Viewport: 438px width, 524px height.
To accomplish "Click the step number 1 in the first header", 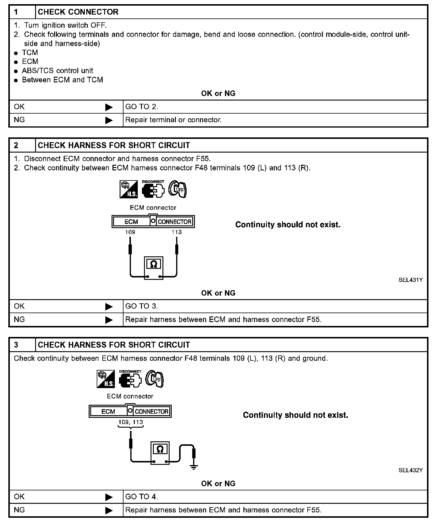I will pos(16,12).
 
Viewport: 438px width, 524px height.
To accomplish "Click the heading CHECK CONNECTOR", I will pos(78,12).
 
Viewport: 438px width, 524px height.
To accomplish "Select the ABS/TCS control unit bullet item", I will pos(57,71).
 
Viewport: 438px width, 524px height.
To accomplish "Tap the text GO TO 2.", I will pos(142,107).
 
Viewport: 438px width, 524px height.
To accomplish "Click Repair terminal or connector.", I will pos(173,120).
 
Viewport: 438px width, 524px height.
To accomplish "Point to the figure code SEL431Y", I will pos(410,280).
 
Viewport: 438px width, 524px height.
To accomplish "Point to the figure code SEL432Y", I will pos(410,470).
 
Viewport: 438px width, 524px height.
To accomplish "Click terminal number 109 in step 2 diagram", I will pos(130,232).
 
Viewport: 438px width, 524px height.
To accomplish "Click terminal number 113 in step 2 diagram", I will pos(176,232).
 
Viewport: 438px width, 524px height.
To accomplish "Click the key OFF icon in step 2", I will pos(178,189).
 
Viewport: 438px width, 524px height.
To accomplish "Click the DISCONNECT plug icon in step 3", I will pos(130,379).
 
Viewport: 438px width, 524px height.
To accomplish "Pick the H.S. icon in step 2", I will pos(129,189).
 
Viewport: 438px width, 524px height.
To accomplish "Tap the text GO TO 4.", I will pos(142,497).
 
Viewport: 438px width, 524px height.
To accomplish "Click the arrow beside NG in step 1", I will pos(109,120).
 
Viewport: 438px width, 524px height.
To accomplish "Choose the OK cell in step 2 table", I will pos(20,306).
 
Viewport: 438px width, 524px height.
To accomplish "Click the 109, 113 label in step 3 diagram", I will pos(131,422).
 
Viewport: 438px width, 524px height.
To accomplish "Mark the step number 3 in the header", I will pos(16,345).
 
